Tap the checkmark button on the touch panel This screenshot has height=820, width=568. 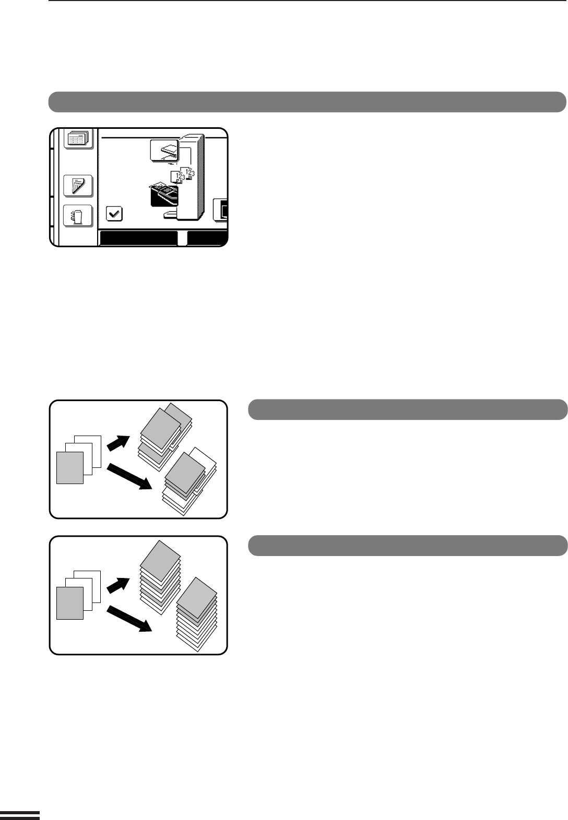coord(114,213)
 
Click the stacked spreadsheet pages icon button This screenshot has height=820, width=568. coord(78,138)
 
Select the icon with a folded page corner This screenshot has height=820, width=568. coord(78,185)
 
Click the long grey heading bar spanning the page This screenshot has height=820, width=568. coord(307,102)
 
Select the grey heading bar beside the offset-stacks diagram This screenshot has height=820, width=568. coord(407,409)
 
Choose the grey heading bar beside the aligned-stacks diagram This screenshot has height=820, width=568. coord(407,545)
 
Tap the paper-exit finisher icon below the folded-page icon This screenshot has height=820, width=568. coord(78,216)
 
